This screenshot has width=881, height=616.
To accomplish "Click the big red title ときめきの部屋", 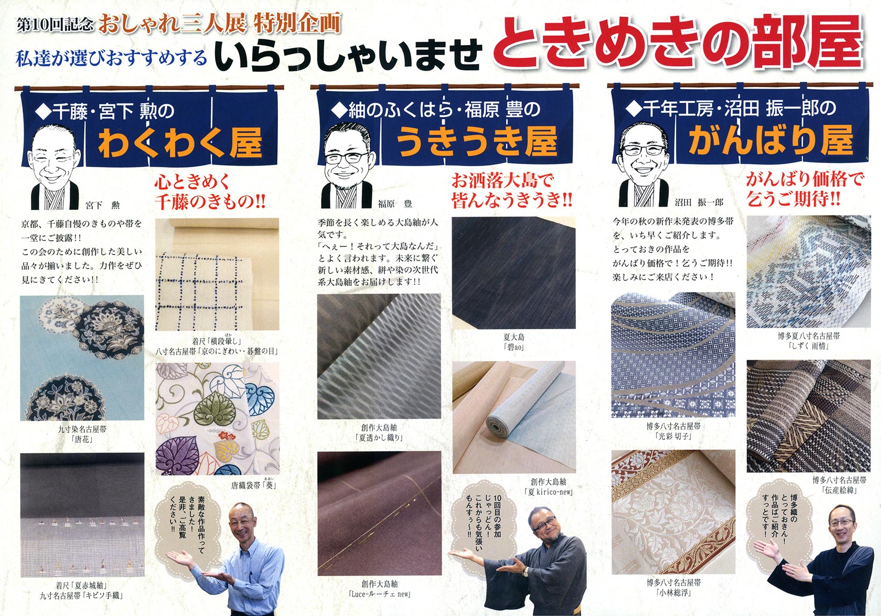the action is [x=678, y=47].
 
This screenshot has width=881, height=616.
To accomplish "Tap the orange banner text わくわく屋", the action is [x=180, y=142].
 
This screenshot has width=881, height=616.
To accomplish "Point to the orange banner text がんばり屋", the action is [x=770, y=140].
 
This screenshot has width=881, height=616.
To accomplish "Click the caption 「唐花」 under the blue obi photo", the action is [x=82, y=439].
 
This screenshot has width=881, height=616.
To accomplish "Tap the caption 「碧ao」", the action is [x=514, y=347].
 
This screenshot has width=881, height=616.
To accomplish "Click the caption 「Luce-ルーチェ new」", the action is [x=380, y=594].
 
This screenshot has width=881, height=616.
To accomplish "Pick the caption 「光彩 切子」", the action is [x=673, y=436].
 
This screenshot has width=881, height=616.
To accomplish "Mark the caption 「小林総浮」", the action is [x=673, y=592].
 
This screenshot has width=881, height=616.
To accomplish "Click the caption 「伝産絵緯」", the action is [x=839, y=490].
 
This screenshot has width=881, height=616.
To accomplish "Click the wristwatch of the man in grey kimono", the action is [x=525, y=570].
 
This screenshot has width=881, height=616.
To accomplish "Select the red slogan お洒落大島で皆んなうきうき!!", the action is [x=511, y=190].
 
